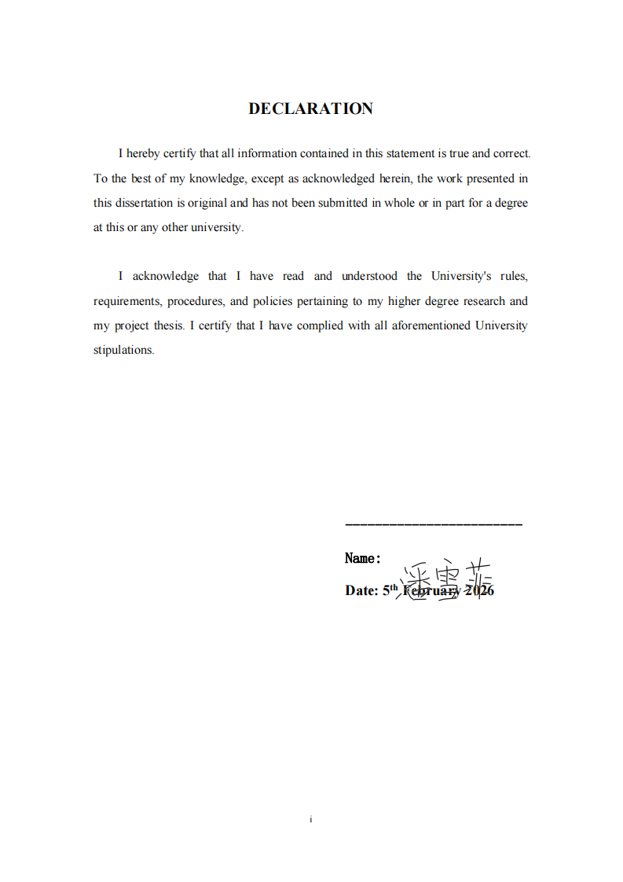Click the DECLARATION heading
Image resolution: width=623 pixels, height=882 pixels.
click(x=310, y=109)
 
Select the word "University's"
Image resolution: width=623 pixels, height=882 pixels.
click(x=460, y=276)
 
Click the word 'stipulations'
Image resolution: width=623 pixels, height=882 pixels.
click(x=123, y=351)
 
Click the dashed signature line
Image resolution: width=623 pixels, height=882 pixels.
click(x=434, y=524)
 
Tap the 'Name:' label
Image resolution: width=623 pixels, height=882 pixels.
click(x=363, y=559)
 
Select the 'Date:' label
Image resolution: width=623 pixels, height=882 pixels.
click(x=361, y=591)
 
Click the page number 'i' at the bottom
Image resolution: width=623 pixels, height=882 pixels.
click(x=311, y=819)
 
